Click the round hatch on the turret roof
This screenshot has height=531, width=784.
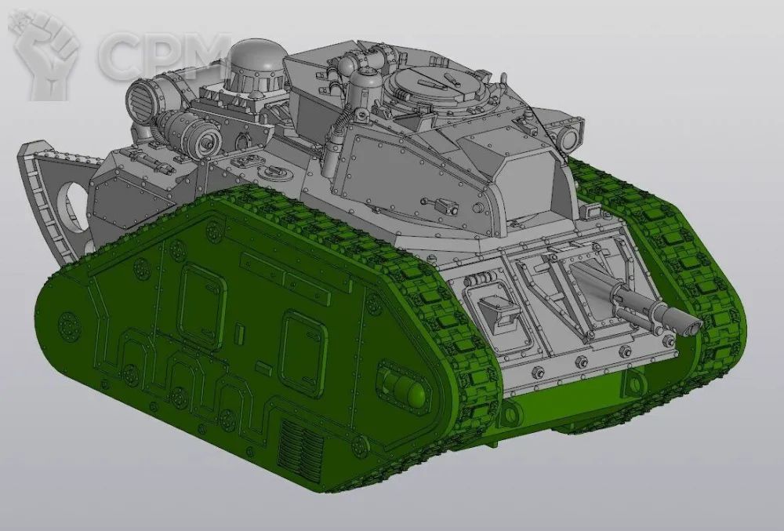(434, 85)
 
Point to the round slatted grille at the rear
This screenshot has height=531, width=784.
(142, 99)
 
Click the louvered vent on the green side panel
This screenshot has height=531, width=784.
(301, 447)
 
